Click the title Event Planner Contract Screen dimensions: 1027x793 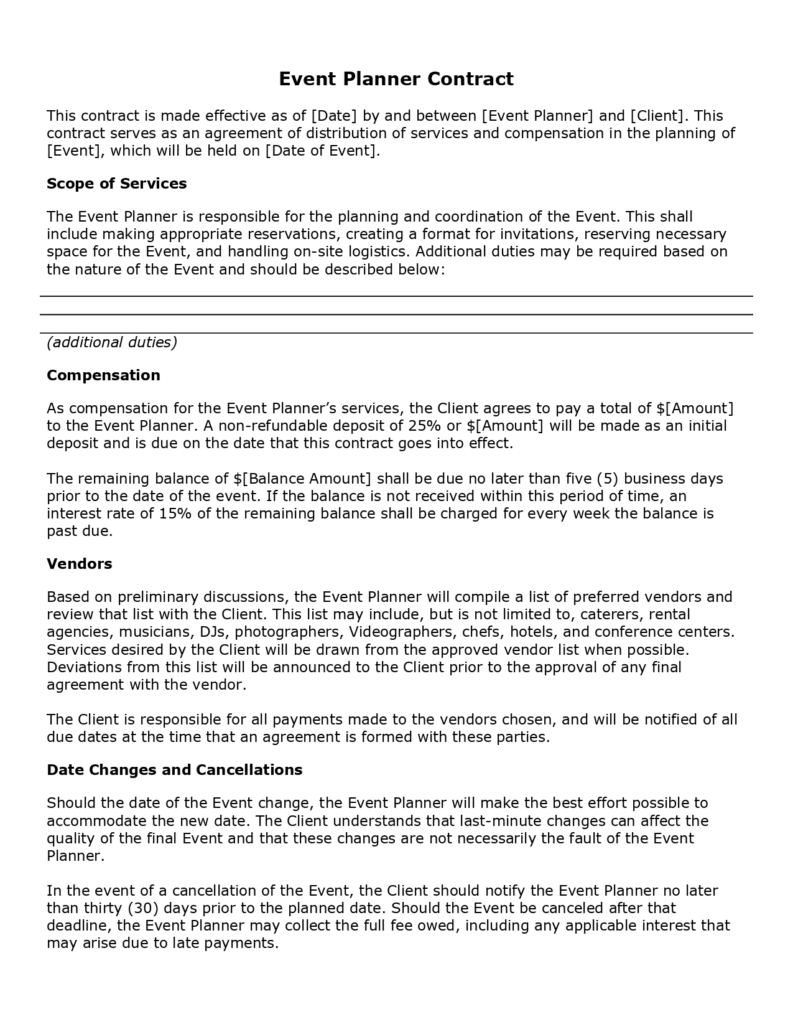click(x=396, y=79)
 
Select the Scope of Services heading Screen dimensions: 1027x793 click(x=117, y=184)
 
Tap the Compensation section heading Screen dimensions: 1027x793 click(x=103, y=375)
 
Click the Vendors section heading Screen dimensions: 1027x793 click(x=80, y=564)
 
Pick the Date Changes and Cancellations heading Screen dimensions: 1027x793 click(x=174, y=770)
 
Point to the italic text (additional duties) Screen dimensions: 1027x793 click(x=112, y=342)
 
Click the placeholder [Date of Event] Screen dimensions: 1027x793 click(x=321, y=151)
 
